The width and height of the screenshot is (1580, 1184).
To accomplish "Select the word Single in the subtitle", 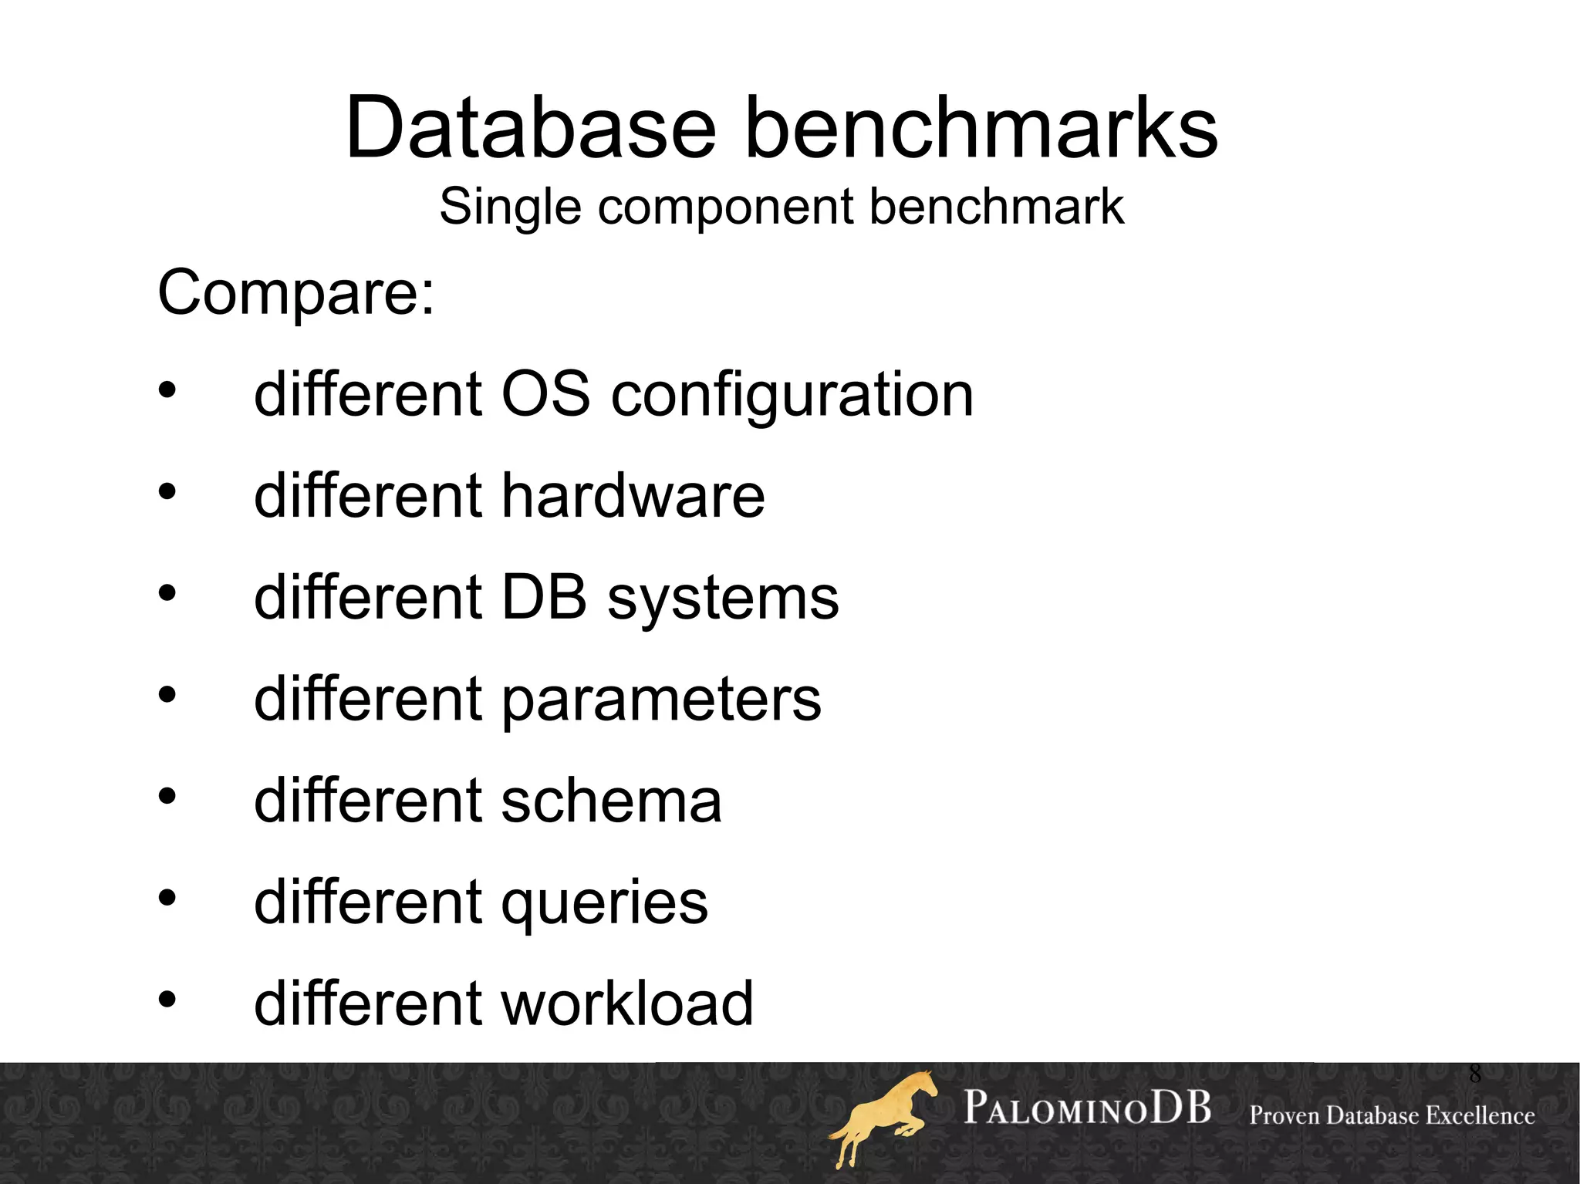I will point(509,208).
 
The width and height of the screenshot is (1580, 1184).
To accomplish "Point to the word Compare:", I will point(296,293).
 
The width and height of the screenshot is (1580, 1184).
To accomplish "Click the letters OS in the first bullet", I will point(546,394).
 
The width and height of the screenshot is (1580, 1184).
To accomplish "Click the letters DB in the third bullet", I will point(544,598).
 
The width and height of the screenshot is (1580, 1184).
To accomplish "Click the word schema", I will point(611,801).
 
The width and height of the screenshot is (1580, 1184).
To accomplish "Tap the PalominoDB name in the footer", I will point(1087,1108).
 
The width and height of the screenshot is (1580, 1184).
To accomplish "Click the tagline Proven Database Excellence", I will point(1392,1115).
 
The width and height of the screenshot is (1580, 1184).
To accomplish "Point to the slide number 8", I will point(1474,1074).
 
